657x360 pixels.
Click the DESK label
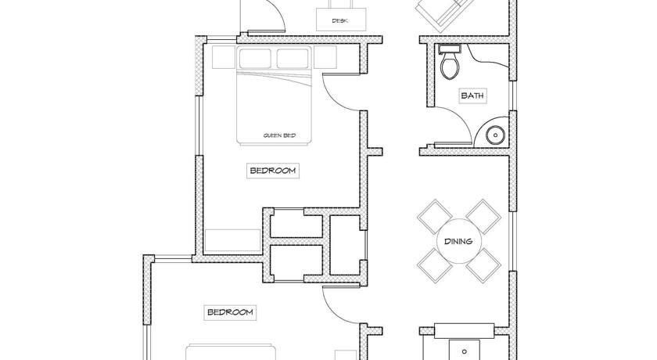click(341, 20)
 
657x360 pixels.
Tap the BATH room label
click(472, 95)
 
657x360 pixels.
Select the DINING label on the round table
click(458, 241)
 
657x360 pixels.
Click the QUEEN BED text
click(279, 135)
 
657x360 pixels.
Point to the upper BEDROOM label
click(273, 171)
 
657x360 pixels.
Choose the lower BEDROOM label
click(230, 312)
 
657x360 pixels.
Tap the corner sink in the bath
click(496, 135)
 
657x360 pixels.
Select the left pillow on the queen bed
click(255, 58)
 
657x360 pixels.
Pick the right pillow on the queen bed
click(293, 58)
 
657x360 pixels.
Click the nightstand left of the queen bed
click(224, 57)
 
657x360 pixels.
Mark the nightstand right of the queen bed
click(325, 57)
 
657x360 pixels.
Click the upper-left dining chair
click(435, 217)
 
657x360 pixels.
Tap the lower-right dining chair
click(483, 265)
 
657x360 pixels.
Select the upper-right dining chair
click(483, 217)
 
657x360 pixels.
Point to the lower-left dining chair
click(435, 265)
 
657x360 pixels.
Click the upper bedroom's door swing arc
click(334, 101)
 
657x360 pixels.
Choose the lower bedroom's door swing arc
click(334, 314)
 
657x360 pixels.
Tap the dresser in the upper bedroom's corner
click(232, 240)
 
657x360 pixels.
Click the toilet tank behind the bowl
click(450, 49)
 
